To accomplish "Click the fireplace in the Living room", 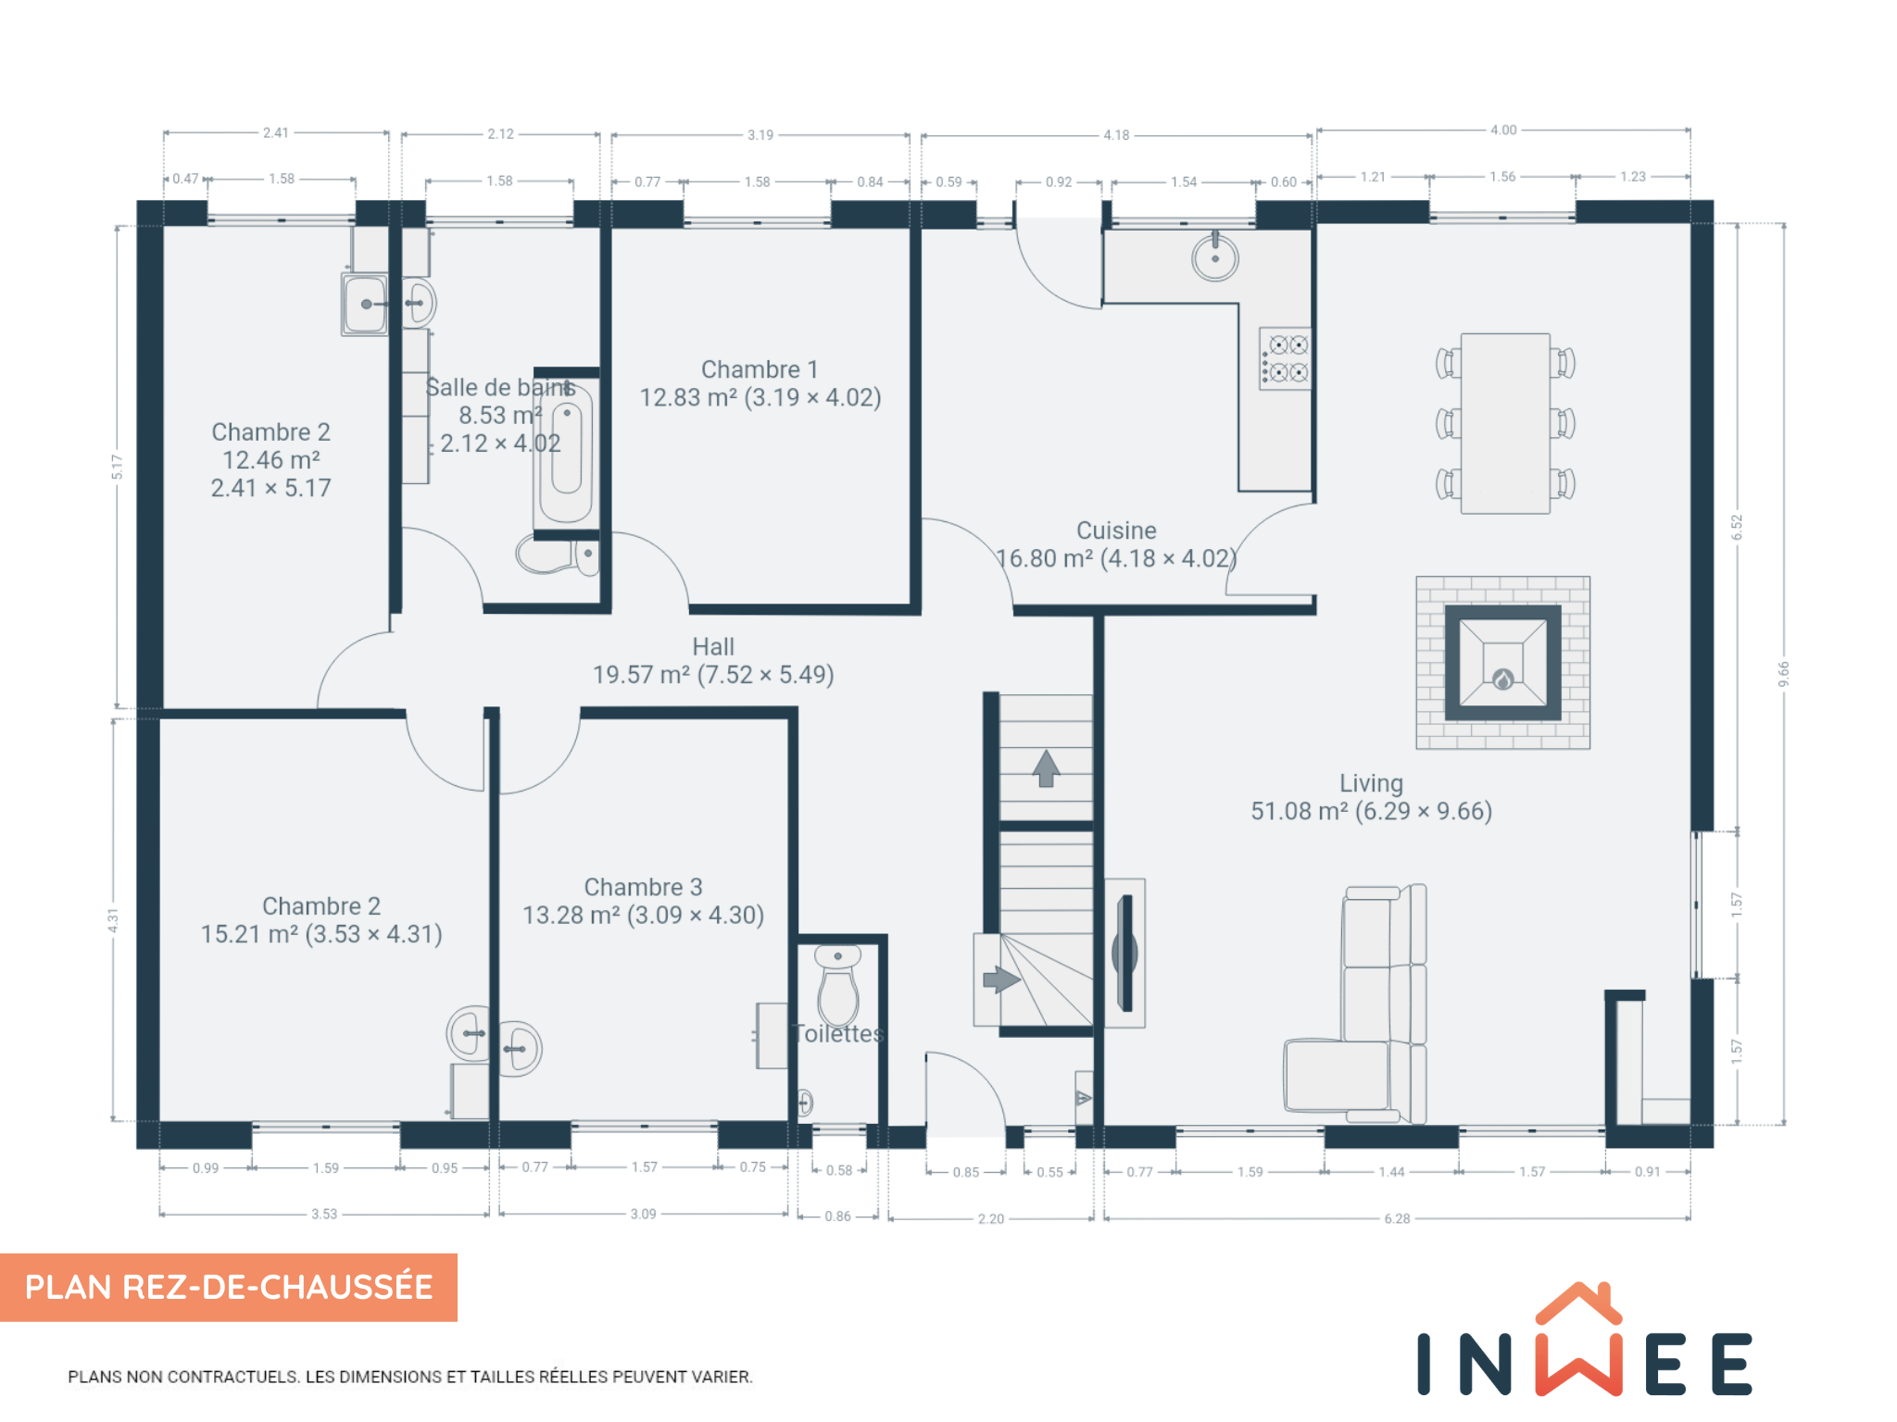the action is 1502,663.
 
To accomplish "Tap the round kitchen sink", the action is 1215,256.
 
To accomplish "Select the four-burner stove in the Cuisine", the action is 1285,358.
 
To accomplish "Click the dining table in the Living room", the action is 1505,423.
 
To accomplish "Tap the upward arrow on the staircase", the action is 1046,768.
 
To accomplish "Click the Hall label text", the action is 713,646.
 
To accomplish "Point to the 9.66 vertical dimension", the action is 1784,673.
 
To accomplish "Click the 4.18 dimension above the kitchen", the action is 1116,135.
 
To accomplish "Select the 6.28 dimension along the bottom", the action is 1397,1218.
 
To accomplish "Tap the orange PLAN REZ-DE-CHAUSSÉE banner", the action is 229,1287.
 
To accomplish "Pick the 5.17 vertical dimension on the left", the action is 117,467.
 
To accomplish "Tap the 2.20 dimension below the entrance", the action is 991,1218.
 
